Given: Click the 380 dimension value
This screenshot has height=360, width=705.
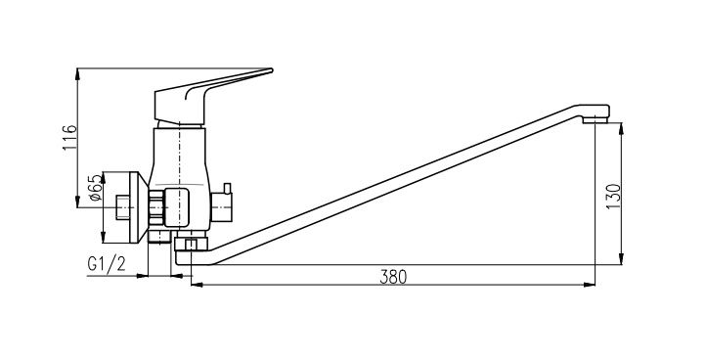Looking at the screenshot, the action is pos(393,277).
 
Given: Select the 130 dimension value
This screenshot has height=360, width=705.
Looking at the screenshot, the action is pos(613,197).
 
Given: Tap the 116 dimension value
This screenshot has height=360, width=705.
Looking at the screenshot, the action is pos(69,138).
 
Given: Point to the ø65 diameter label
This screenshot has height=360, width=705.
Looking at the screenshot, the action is pos(95,188).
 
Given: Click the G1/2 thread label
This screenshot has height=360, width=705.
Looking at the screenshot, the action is pos(107,264).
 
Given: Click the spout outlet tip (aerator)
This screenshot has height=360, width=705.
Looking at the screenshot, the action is pos(595,119).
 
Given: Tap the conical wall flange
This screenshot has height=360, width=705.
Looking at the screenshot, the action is pos(139,207).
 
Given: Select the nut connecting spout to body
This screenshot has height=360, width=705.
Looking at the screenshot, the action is pos(191,244).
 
